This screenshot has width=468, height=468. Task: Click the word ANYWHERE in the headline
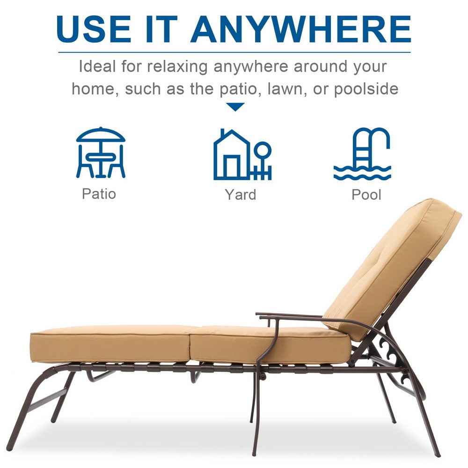[x=301, y=29]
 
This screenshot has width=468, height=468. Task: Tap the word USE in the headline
[x=94, y=29]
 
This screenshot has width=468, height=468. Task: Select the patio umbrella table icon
[x=101, y=153]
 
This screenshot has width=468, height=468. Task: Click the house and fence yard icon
[x=242, y=154]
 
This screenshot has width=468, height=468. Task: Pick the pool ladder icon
[x=362, y=154]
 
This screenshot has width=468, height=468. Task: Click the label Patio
[x=99, y=194]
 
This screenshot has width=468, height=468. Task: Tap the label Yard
[x=241, y=195]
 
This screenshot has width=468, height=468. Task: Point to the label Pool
[x=366, y=195]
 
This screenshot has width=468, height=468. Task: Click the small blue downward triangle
[x=235, y=107]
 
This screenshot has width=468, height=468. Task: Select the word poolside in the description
[x=366, y=89]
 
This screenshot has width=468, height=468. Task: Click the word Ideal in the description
[x=97, y=66]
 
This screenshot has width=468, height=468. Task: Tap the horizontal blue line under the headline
[x=234, y=52]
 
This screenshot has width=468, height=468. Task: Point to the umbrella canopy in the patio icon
[x=101, y=135]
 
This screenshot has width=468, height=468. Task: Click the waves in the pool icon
[x=362, y=173]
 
